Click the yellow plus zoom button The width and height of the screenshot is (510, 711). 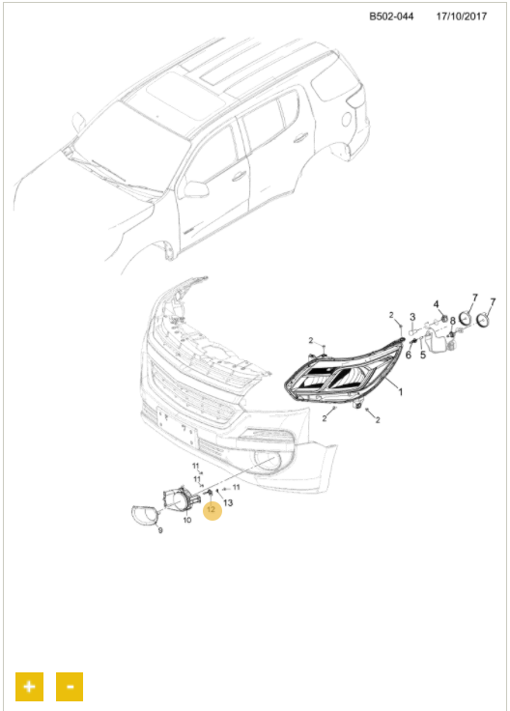tap(30, 686)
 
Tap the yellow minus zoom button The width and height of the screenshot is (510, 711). tap(70, 686)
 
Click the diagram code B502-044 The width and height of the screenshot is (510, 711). tap(391, 16)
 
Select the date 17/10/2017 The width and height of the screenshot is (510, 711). tap(462, 16)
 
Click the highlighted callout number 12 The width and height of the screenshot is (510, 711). tap(212, 510)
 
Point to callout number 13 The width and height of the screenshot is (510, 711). tap(228, 502)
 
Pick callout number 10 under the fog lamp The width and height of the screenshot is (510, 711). tap(187, 520)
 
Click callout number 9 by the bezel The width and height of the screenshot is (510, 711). tap(160, 530)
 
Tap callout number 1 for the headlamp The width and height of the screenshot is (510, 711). tap(400, 391)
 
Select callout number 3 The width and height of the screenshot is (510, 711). tap(412, 317)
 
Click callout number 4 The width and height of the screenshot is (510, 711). tap(436, 303)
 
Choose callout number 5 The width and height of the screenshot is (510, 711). tap(423, 355)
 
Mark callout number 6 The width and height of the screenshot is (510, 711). tap(409, 355)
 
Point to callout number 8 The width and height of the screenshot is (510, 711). tap(452, 322)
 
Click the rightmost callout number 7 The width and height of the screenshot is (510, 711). tap(493, 301)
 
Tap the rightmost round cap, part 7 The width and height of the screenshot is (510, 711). tap(483, 320)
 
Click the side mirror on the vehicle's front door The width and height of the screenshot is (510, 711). tap(196, 189)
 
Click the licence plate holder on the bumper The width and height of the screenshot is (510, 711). tap(178, 428)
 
